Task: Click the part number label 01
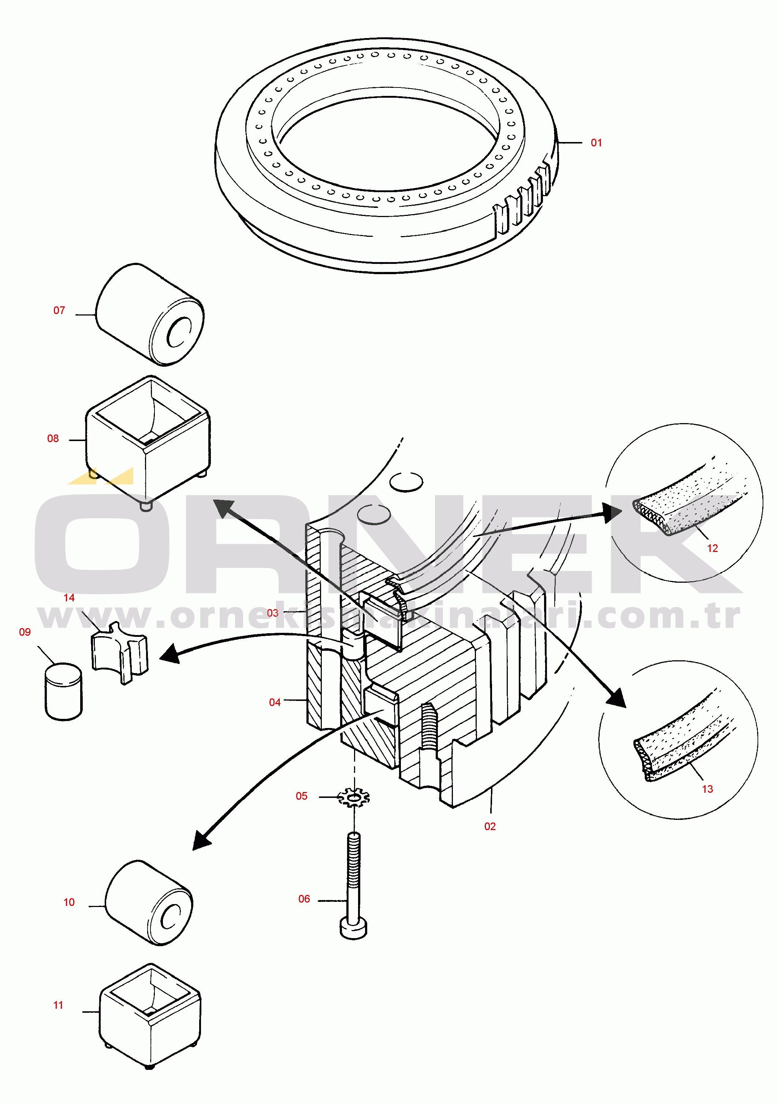point(596,143)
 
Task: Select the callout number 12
point(712,548)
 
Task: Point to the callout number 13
point(707,789)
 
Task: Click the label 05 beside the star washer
point(301,796)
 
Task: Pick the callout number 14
point(69,598)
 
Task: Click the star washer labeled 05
point(354,798)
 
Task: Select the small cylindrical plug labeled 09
point(64,692)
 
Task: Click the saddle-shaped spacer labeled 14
point(119,652)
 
